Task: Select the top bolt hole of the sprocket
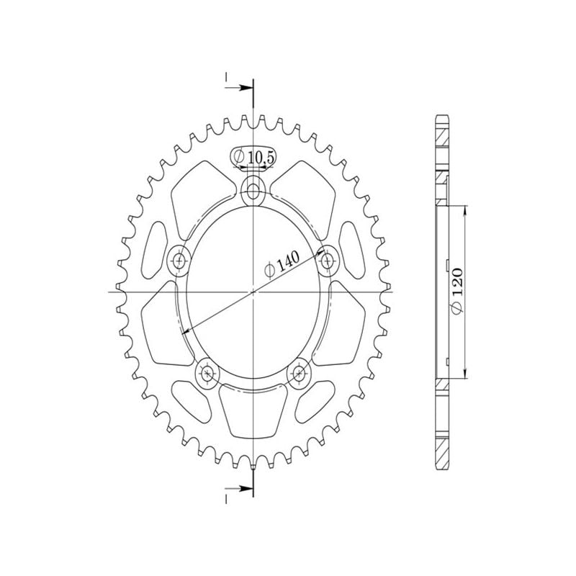[x=253, y=192]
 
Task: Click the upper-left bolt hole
[x=179, y=260]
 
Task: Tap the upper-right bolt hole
[x=328, y=259]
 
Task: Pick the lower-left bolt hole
[x=208, y=372]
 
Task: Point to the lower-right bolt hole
[x=298, y=372]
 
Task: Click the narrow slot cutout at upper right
[x=352, y=245]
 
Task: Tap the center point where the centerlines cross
[x=253, y=292]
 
